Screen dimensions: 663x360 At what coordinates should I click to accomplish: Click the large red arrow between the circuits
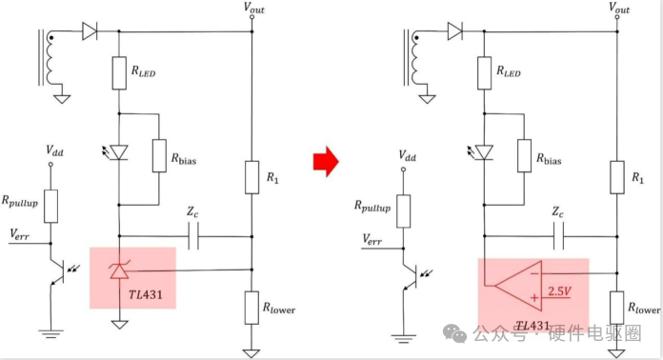coord(326,161)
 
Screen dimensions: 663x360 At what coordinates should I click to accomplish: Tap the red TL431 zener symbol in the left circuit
coord(119,270)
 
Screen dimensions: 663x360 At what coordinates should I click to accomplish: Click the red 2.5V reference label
coord(559,291)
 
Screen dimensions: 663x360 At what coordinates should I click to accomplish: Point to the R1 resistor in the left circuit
coord(252,177)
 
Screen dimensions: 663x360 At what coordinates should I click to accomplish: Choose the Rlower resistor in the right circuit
coord(617,308)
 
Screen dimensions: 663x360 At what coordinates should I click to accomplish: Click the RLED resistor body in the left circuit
coord(119,73)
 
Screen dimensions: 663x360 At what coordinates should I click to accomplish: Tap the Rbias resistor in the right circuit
coord(524,156)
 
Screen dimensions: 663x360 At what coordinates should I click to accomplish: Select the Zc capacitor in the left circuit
coord(193,236)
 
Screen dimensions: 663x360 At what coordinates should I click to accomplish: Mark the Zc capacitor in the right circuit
coord(558,236)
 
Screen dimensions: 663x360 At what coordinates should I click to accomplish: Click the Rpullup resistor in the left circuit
coord(50,207)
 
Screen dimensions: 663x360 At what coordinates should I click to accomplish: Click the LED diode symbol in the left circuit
coord(118,152)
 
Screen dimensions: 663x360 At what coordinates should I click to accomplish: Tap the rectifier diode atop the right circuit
coord(455,31)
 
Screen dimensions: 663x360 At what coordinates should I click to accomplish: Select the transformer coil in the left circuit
coord(51,57)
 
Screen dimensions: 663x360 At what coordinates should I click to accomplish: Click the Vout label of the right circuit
coord(619,8)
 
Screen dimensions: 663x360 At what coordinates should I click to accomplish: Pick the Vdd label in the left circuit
coord(54,150)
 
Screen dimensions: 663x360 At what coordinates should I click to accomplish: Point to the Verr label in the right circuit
coord(372,240)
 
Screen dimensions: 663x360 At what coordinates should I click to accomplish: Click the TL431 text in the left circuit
coord(146,294)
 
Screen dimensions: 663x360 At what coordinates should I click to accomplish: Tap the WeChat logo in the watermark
coord(455,333)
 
